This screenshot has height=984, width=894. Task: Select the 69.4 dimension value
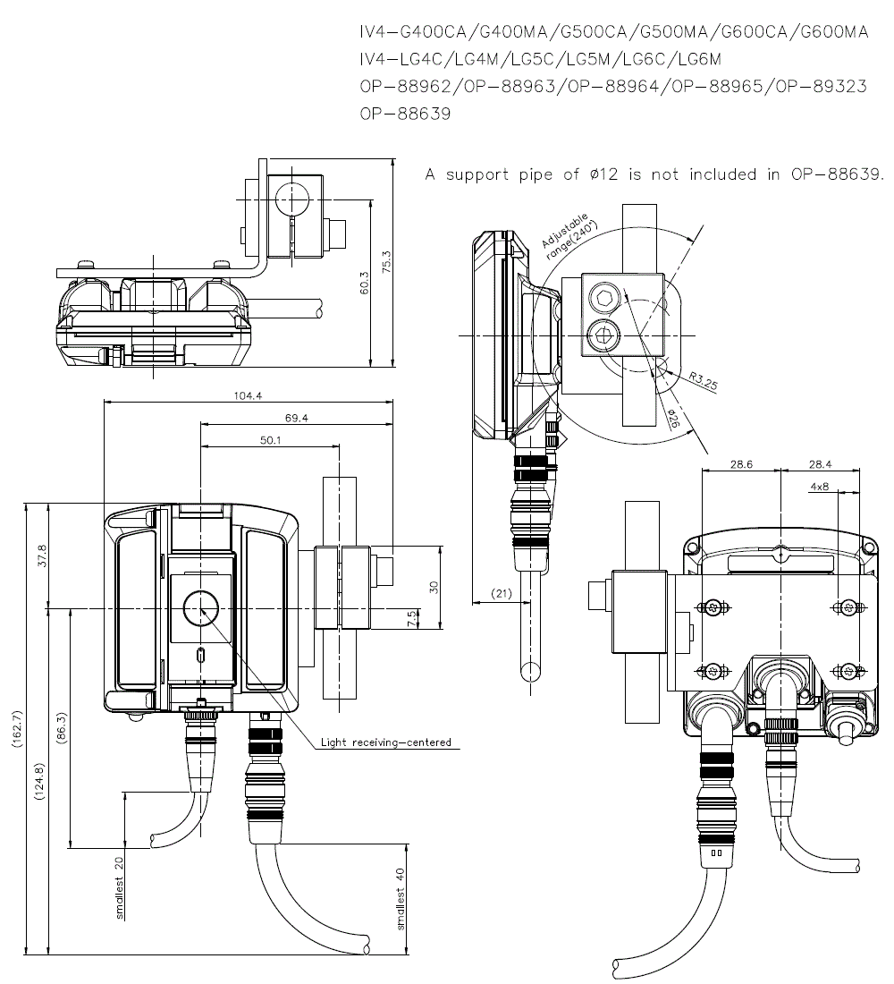coord(297,418)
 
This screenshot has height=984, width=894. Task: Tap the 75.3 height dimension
coord(386,261)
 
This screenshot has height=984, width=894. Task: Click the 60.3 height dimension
coord(362,283)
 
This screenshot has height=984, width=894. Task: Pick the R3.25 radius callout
coord(704,381)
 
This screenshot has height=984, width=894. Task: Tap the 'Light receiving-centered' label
coord(385,742)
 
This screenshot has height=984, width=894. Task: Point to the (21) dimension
coord(501,594)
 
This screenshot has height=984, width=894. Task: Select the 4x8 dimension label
coord(819,487)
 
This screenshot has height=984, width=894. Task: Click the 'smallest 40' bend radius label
coord(401,898)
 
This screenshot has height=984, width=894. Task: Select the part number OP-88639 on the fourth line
coord(405,114)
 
